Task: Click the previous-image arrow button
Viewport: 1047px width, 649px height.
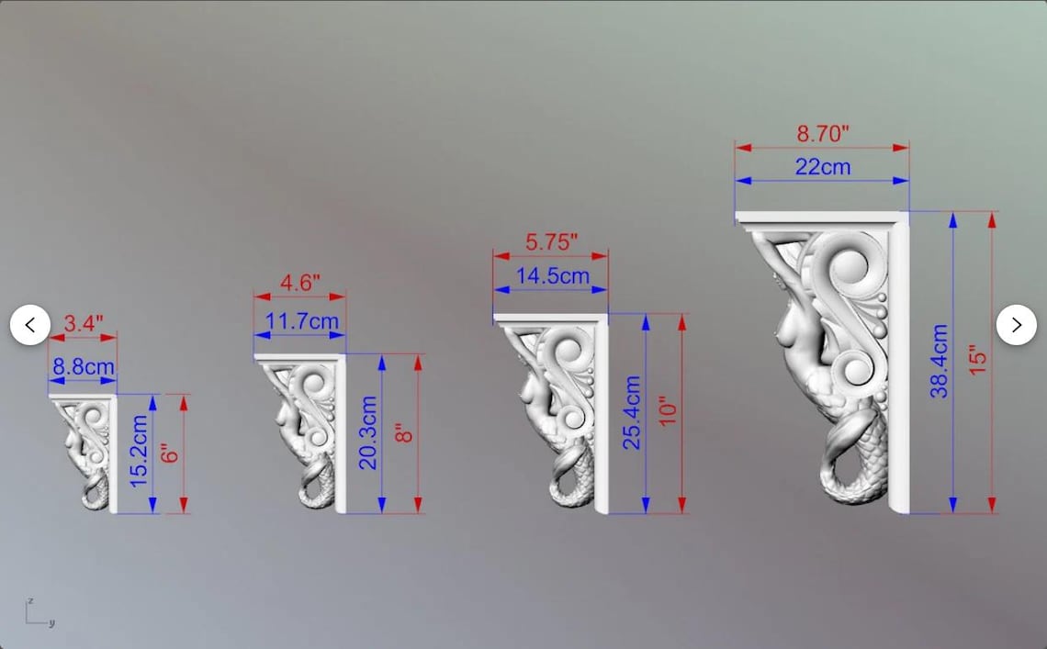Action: tap(30, 325)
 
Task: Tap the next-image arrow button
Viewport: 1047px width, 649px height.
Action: tap(1017, 325)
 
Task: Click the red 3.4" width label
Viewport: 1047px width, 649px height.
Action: tap(84, 324)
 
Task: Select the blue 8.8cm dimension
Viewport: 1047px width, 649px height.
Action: tap(84, 366)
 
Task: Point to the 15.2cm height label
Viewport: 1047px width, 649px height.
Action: tap(138, 452)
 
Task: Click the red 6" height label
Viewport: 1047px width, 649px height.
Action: tap(170, 454)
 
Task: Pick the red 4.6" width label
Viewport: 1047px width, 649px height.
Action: tap(299, 283)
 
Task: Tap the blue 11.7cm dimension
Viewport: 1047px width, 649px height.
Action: tap(302, 321)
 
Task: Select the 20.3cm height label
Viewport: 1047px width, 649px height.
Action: tap(368, 433)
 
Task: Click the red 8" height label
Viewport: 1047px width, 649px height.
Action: tap(404, 433)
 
